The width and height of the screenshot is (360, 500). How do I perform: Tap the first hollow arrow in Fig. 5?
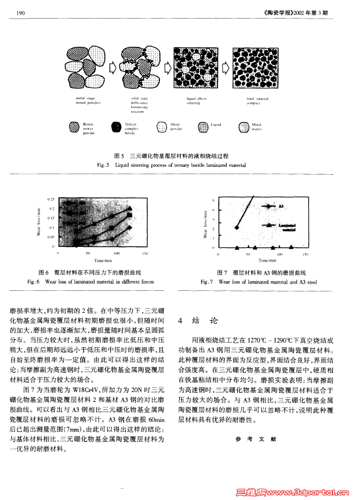[112, 68]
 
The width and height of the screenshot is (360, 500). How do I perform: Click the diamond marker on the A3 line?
[237, 228]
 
